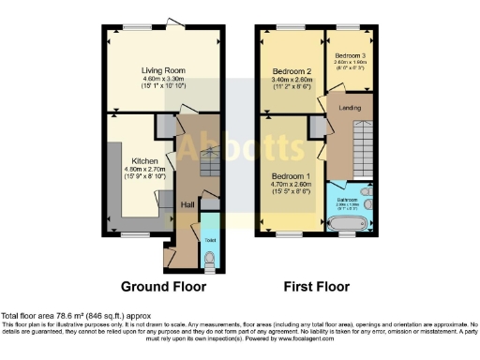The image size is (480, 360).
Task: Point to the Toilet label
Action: (208, 239)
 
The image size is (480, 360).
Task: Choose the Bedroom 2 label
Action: (292, 71)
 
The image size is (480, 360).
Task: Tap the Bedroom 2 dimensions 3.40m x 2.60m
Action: (292, 81)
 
